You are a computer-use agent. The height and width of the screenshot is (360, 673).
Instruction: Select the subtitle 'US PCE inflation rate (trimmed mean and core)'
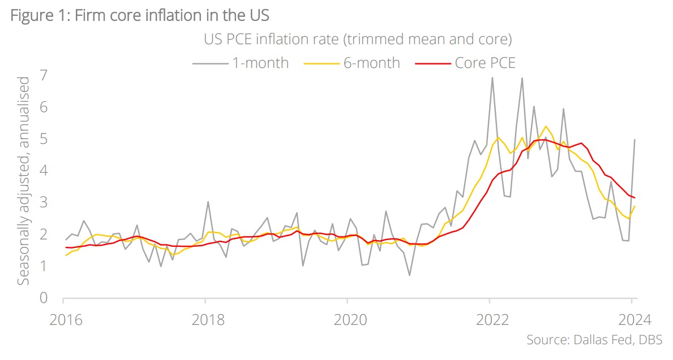pyautogui.click(x=358, y=40)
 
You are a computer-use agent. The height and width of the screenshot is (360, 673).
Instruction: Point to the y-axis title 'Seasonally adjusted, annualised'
pyautogui.click(x=24, y=181)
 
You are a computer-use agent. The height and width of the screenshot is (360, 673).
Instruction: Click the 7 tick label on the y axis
pyautogui.click(x=43, y=75)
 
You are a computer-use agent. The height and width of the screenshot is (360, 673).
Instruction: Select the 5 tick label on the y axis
pyautogui.click(x=43, y=139)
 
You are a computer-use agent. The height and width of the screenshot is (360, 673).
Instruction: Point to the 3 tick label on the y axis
pyautogui.click(x=43, y=203)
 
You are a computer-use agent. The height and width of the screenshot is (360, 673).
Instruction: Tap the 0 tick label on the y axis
pyautogui.click(x=43, y=298)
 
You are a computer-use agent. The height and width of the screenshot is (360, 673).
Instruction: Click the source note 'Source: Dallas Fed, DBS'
pyautogui.click(x=594, y=340)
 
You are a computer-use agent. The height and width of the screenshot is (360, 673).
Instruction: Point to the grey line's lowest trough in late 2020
pyautogui.click(x=409, y=275)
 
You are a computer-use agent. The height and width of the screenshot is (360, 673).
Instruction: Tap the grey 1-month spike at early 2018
pyautogui.click(x=208, y=202)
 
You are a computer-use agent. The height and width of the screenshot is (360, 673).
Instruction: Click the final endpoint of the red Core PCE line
pyautogui.click(x=635, y=198)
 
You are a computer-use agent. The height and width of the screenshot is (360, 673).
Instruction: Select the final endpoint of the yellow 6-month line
pyautogui.click(x=635, y=205)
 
